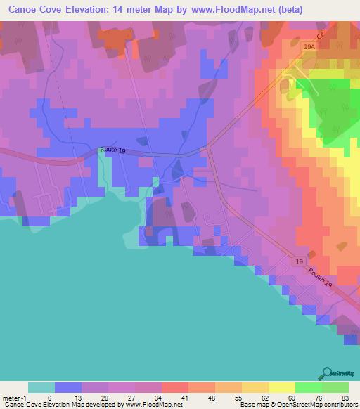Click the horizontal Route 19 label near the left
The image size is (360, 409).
[x=112, y=150]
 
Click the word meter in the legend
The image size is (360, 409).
[x=13, y=397]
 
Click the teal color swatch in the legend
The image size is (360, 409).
[x=41, y=387]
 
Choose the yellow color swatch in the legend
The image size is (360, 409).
[x=281, y=387]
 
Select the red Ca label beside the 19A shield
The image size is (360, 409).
[x=321, y=35]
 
